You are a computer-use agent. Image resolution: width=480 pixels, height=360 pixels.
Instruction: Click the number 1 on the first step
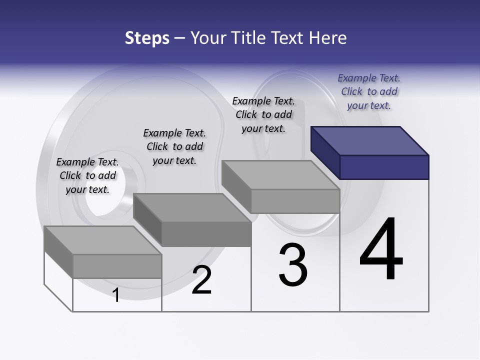pos(116,295)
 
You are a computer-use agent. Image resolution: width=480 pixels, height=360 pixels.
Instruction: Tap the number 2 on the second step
pos(201,279)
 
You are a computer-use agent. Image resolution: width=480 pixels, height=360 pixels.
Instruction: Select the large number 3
pos(293,265)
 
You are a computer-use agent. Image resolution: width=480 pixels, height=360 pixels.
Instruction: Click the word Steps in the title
pos(147,38)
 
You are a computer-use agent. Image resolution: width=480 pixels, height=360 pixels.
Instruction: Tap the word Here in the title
pos(329,38)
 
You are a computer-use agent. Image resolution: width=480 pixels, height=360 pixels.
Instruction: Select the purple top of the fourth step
pos(370,140)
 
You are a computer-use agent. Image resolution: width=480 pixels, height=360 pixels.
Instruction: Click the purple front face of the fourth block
pos(384,167)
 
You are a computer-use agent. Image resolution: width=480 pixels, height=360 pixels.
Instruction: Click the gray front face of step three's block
pos(295,201)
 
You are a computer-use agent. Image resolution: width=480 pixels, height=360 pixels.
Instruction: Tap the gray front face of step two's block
pos(206,234)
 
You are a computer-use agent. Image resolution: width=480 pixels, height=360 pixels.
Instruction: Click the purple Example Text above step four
pos(369,78)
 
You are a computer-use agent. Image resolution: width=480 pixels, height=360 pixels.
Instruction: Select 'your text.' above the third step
pos(263,128)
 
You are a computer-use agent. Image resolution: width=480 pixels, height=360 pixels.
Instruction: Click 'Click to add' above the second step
pos(174,146)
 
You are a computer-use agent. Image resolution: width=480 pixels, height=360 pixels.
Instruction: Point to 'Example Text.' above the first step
pos(87,162)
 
